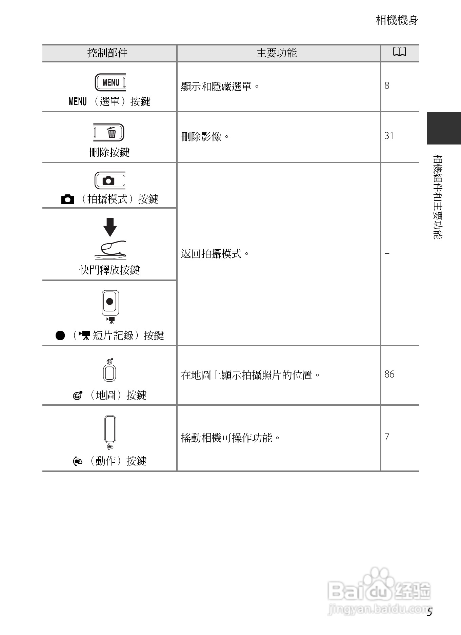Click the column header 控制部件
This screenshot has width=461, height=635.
(x=107, y=53)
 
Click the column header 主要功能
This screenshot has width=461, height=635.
(x=276, y=53)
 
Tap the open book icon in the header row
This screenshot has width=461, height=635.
(x=399, y=52)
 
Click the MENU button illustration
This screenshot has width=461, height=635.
(x=110, y=82)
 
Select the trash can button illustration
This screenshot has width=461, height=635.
(x=109, y=132)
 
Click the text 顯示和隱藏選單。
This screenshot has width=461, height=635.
(x=220, y=86)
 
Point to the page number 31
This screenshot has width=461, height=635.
(x=389, y=136)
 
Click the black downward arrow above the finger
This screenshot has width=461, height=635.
(x=110, y=227)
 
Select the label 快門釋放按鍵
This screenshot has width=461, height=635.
(x=109, y=270)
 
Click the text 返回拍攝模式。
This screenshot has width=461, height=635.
(x=215, y=254)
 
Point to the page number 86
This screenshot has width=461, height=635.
(x=389, y=374)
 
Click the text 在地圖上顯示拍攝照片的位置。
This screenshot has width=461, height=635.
(x=250, y=375)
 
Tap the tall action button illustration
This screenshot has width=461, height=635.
(x=110, y=429)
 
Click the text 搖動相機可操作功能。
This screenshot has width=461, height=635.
(x=231, y=438)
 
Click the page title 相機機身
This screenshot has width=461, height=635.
(x=397, y=20)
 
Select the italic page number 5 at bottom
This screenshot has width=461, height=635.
(x=429, y=612)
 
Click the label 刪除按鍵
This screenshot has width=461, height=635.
(x=109, y=152)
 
